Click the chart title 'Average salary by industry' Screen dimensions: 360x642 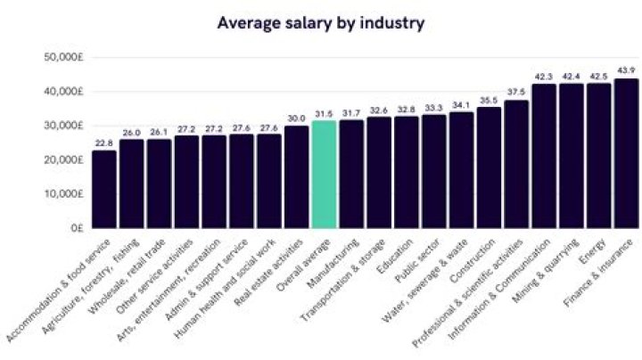(321, 22)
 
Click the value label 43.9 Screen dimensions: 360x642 (626, 70)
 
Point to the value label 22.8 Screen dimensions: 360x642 (104, 143)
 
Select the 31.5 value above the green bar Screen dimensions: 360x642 (325, 113)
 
